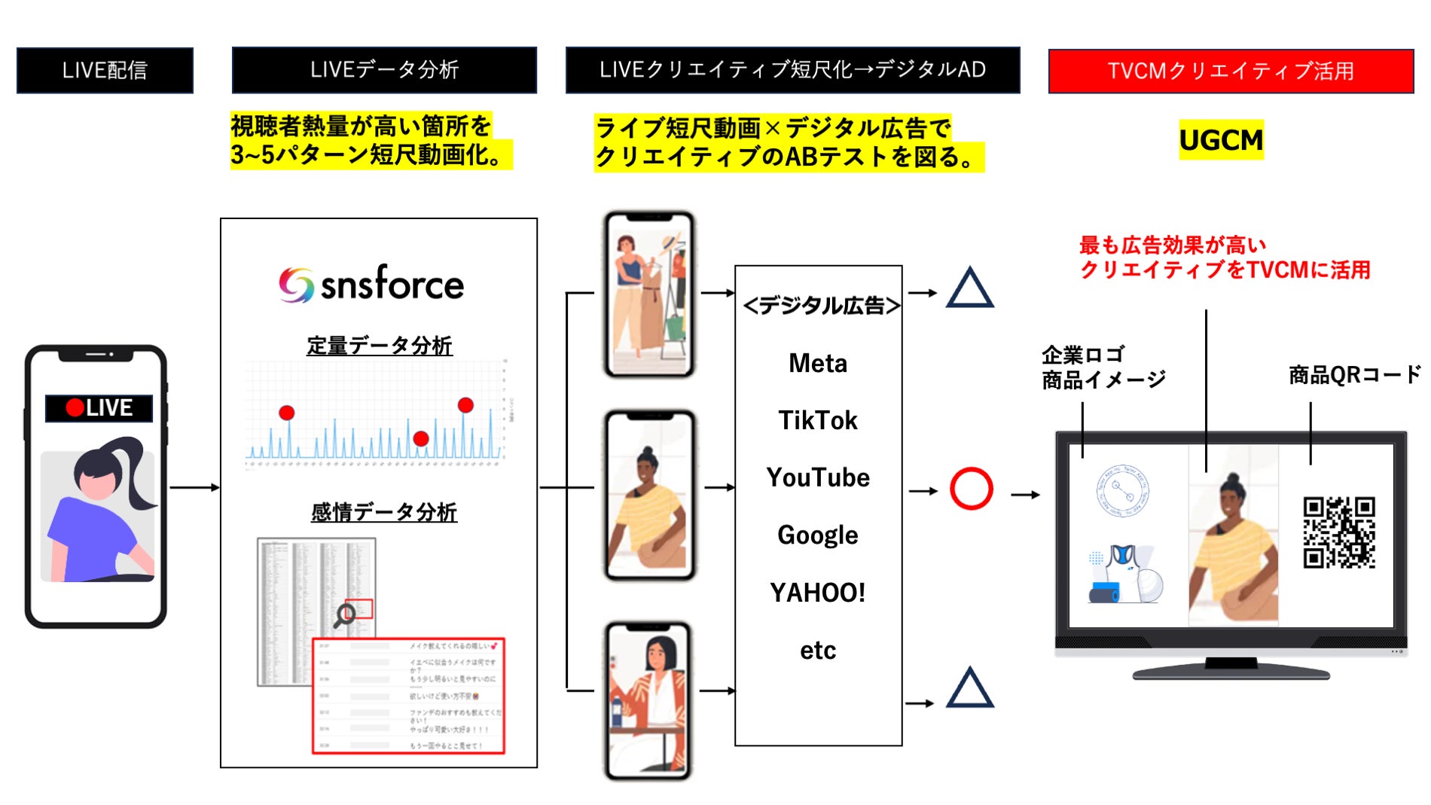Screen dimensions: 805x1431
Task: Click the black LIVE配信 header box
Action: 105,71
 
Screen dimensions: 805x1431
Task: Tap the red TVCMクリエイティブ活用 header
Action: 1230,71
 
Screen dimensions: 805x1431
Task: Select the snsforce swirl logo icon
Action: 296,285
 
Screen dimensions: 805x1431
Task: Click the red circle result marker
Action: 971,489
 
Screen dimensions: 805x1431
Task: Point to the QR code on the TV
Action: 1338,532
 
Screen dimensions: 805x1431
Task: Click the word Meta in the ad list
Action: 818,364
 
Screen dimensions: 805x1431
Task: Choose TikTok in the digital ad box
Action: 818,420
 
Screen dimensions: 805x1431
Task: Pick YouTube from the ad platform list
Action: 818,477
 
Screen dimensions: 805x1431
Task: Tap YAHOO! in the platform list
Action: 818,593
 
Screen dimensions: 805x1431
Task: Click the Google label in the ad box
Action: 818,535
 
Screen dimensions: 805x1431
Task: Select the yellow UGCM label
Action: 1221,140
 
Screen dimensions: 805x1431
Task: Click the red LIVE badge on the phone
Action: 99,408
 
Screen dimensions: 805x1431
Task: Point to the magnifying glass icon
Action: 345,615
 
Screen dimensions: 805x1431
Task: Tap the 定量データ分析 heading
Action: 379,346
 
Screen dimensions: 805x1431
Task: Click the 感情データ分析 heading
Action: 383,512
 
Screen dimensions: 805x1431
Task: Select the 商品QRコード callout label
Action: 1353,374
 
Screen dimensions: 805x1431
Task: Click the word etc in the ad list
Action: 818,650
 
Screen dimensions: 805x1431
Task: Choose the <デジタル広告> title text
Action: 821,306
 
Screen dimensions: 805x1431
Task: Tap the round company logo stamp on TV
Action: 1121,491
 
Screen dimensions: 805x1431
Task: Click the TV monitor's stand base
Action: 1231,669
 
